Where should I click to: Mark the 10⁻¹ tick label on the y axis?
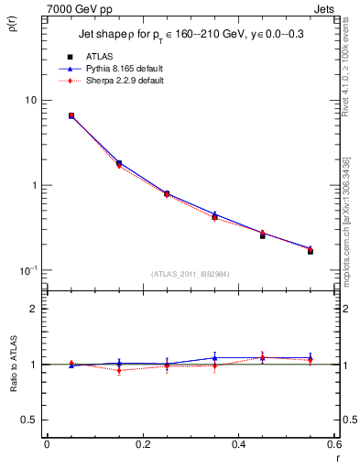click(29, 270)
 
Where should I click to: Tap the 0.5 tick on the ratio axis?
click(30, 420)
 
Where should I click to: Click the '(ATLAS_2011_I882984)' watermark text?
click(190, 274)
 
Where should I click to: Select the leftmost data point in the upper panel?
click(71, 116)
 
